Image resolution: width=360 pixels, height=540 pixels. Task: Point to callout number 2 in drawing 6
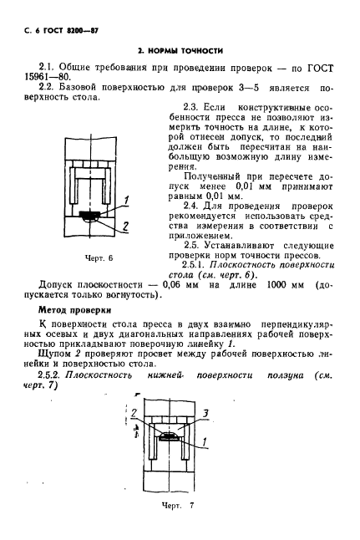tap(125, 226)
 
